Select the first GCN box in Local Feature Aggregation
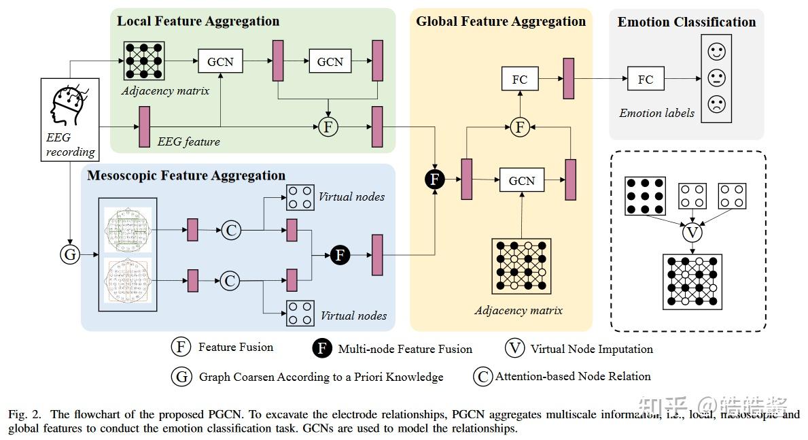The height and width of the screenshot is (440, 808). (x=219, y=61)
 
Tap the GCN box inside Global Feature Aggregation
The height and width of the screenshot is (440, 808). (x=521, y=180)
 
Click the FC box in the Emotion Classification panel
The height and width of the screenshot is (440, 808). (x=645, y=80)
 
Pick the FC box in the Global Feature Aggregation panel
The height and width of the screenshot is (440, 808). (x=519, y=80)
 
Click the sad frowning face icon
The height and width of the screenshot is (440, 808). (x=716, y=104)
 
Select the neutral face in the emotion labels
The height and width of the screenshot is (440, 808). (x=716, y=78)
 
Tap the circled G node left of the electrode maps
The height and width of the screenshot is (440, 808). (x=69, y=255)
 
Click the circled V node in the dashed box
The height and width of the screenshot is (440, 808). (x=692, y=233)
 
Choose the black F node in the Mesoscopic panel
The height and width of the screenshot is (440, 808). (x=340, y=255)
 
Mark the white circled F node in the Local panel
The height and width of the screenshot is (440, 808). (x=329, y=126)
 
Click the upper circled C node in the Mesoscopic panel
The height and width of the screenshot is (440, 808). (x=232, y=230)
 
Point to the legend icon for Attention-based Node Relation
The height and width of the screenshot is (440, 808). (x=483, y=376)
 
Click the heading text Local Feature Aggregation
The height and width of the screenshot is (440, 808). (x=198, y=21)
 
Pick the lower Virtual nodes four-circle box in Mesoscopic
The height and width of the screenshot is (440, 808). (x=300, y=314)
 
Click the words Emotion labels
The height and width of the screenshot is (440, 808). (x=656, y=113)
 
